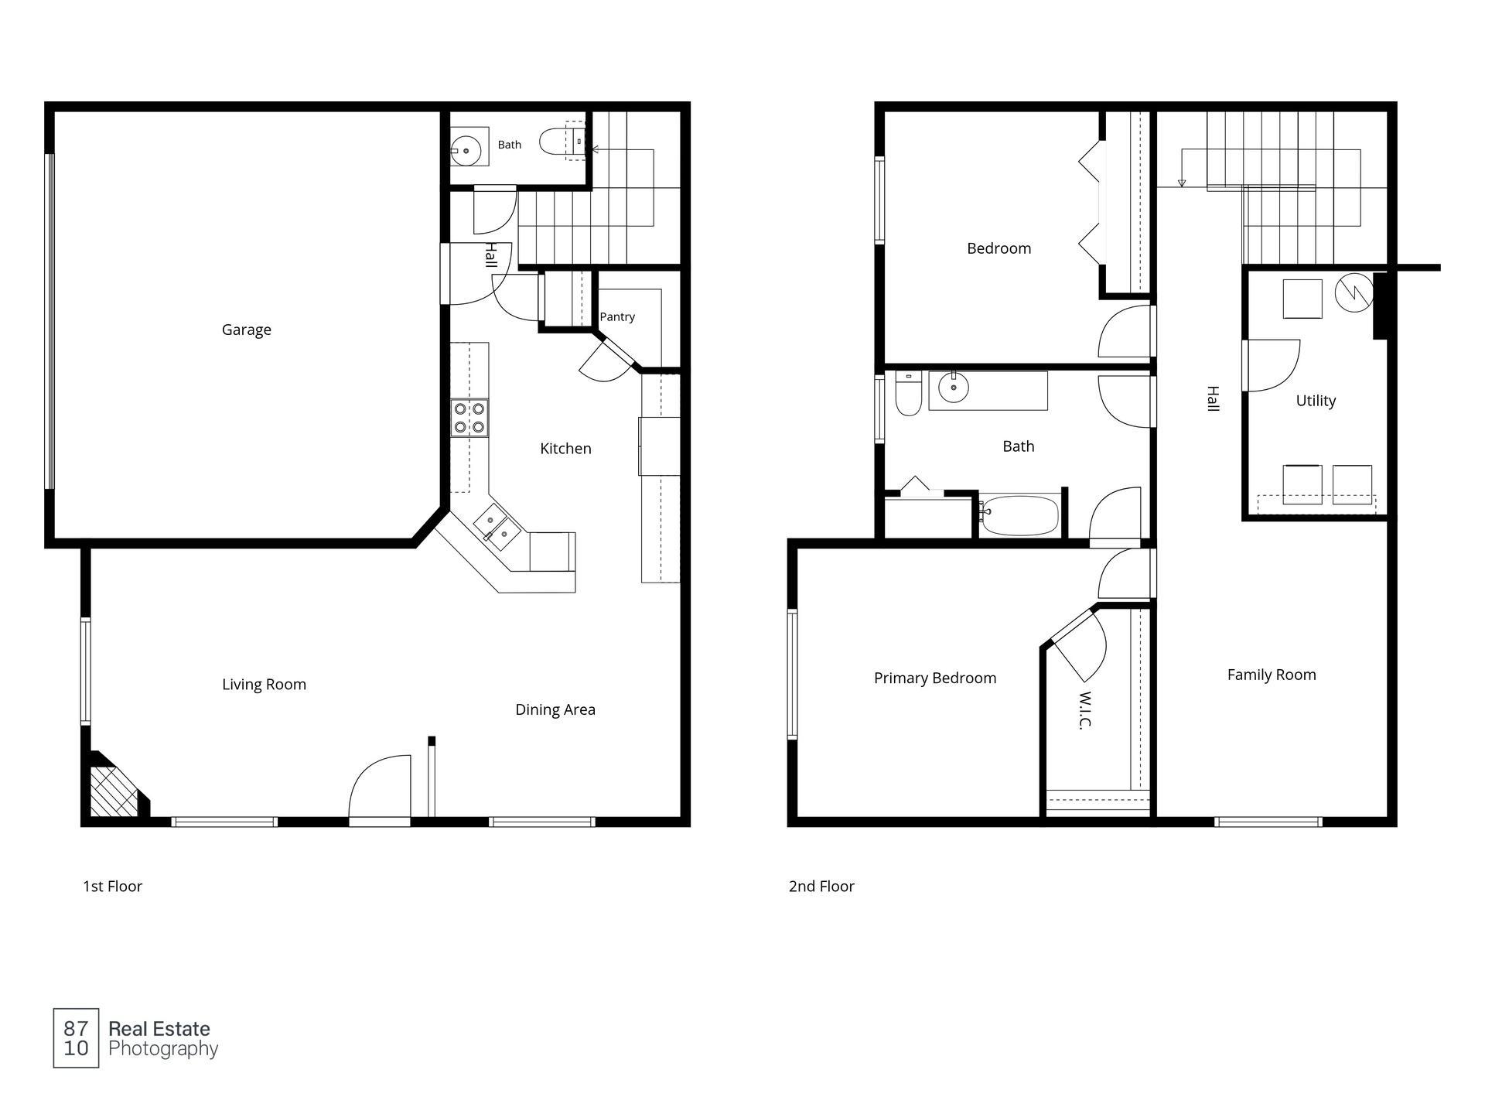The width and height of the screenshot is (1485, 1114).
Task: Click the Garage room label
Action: pos(246,330)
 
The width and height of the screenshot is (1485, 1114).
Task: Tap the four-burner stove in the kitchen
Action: pos(470,418)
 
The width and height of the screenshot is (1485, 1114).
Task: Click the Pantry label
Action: pos(617,316)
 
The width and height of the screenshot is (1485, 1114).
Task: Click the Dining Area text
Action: pos(555,709)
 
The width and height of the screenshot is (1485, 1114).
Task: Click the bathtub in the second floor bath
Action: pos(1019,516)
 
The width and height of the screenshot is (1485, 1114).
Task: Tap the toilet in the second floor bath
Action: pos(908,393)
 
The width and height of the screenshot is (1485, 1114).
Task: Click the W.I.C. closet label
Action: pos(1085,710)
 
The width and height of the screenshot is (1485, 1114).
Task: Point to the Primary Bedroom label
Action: pos(935,678)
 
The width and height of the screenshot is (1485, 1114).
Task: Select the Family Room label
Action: pos(1272,675)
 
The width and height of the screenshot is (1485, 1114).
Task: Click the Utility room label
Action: pos(1316,401)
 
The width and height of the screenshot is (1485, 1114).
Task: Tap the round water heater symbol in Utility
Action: pos(1354,292)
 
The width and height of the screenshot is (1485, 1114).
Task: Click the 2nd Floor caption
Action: pos(821,887)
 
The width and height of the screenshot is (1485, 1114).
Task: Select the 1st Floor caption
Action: pos(113,887)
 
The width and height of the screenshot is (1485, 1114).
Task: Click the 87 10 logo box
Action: pos(76,1038)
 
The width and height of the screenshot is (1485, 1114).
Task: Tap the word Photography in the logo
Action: pos(163,1050)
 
